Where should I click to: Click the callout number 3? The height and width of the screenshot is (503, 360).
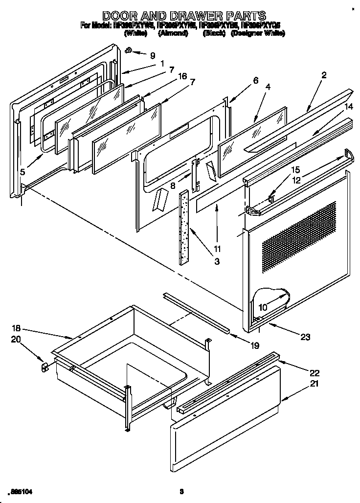216,261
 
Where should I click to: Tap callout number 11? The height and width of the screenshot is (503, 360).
217,249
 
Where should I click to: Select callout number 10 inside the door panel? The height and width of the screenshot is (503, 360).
263,307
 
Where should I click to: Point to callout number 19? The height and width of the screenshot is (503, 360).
254,346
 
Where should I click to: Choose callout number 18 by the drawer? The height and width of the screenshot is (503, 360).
16,329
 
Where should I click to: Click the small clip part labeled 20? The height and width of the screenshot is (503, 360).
44,367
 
